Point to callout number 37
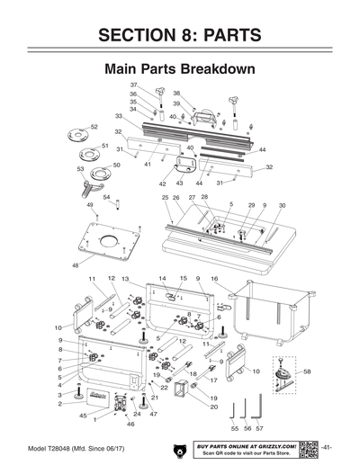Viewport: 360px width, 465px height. [133, 85]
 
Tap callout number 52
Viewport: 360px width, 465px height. [94, 128]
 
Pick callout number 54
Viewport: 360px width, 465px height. [106, 197]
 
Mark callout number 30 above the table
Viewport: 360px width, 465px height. [283, 206]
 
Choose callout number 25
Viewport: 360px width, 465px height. [166, 198]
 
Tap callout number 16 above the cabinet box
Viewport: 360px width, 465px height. [214, 279]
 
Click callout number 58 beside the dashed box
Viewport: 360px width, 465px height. [308, 371]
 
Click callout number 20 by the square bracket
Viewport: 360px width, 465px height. [214, 407]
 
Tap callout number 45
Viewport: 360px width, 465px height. [83, 416]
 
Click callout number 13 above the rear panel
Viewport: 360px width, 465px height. [126, 280]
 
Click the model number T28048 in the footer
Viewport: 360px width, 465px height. [68, 447]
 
